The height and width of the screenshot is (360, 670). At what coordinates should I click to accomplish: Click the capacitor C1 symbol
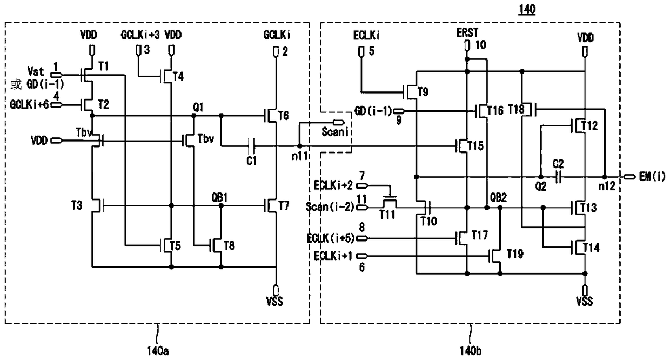click(252, 146)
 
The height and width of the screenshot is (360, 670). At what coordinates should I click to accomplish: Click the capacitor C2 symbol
click(558, 177)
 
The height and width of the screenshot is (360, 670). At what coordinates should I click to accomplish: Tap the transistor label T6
click(283, 115)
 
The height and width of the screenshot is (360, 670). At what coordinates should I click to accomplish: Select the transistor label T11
click(387, 214)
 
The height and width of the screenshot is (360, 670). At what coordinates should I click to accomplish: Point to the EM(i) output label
click(652, 177)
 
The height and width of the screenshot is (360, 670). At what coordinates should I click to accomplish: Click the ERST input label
click(467, 32)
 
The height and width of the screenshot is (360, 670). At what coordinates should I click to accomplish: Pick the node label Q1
click(198, 107)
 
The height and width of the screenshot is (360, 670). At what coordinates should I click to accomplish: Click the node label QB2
click(498, 197)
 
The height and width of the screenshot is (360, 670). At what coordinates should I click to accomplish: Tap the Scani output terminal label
click(335, 132)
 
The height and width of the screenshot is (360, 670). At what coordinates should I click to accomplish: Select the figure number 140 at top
click(527, 9)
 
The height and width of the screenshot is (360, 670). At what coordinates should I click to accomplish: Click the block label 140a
click(158, 351)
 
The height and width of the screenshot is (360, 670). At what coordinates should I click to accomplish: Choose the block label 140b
click(471, 351)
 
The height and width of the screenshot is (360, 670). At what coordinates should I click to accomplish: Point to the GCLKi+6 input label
click(29, 105)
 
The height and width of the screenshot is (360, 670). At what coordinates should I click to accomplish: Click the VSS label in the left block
click(274, 301)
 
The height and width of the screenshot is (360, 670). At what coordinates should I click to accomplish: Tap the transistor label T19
click(515, 254)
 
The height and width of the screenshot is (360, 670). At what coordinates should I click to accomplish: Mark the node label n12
click(607, 186)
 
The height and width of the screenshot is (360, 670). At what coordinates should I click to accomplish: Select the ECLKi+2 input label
click(333, 185)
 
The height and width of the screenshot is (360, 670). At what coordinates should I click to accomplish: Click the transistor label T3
click(77, 205)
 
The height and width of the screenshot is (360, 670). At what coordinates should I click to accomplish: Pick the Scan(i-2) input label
click(330, 206)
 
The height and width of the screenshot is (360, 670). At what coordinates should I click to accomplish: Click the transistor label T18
click(516, 109)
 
